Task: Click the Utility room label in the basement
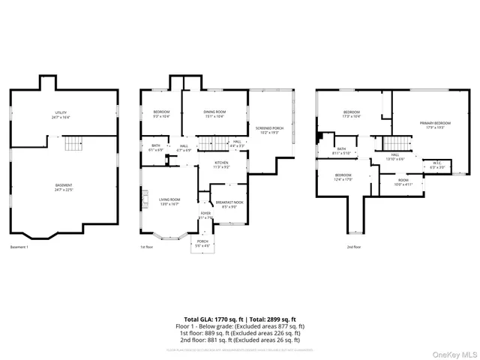[x=61, y=115]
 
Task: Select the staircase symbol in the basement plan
[x=71, y=144]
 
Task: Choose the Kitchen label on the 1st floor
[x=221, y=164]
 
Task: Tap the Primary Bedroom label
[x=435, y=124]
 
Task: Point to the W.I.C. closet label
[x=437, y=164]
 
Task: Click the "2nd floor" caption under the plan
[x=353, y=247]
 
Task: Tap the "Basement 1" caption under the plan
[x=19, y=247]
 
